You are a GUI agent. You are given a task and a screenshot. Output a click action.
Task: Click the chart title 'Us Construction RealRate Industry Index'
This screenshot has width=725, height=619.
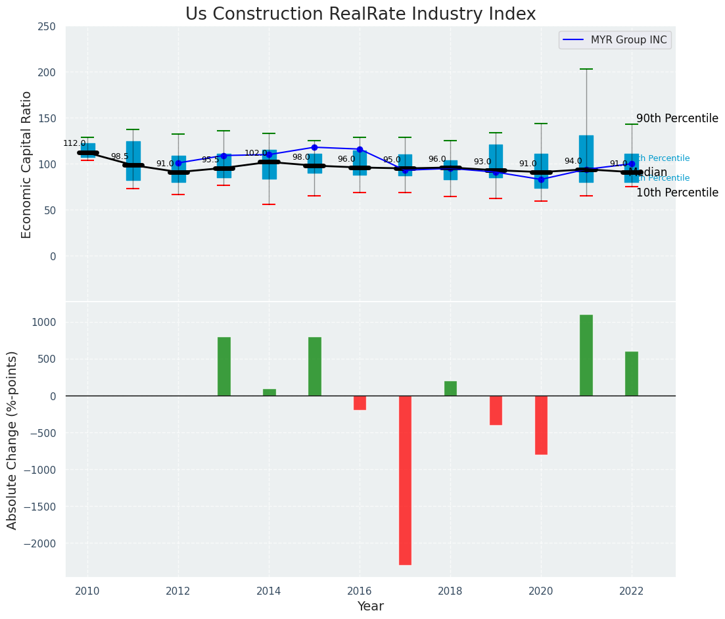[x=360, y=14]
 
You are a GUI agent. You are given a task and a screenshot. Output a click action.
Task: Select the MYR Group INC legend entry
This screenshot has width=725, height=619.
[x=615, y=40]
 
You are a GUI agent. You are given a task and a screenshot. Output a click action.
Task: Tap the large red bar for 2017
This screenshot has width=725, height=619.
[x=405, y=480]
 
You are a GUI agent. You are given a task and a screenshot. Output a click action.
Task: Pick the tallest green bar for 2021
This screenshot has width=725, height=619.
[x=586, y=355]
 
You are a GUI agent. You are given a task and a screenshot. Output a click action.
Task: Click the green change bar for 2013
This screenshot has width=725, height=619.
[x=224, y=366]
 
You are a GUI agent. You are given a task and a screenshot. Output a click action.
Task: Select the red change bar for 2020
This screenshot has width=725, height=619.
[x=541, y=424]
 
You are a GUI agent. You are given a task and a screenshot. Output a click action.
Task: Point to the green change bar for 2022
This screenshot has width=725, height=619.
[x=632, y=373]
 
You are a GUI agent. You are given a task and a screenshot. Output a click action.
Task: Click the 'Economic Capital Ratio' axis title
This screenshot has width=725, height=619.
[x=27, y=164]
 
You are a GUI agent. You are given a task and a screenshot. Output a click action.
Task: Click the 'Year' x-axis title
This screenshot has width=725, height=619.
[x=371, y=607]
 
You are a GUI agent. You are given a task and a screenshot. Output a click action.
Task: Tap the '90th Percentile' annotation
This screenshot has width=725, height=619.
[x=677, y=118]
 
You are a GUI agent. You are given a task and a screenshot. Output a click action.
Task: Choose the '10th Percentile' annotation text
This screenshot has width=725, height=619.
[x=677, y=193]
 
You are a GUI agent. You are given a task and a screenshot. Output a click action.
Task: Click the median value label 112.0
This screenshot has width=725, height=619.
[x=74, y=143]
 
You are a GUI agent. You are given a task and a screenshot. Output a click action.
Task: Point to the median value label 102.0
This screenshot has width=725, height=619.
[x=256, y=153]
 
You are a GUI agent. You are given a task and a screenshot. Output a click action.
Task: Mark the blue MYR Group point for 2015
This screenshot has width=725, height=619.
[x=314, y=147]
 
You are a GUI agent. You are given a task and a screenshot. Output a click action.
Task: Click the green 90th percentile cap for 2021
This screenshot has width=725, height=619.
[x=586, y=69]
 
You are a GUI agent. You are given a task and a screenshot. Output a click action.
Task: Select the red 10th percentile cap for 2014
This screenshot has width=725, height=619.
[x=269, y=204]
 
